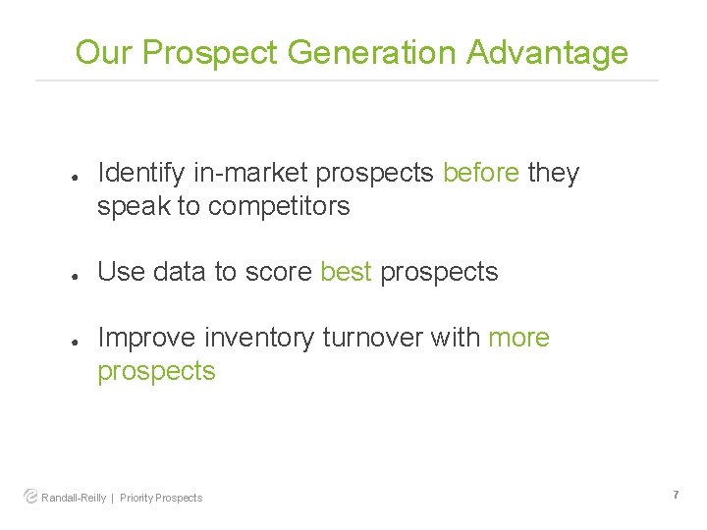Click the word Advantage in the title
547,52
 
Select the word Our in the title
104,52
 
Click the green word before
481,173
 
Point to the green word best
346,272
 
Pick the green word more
518,338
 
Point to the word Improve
147,338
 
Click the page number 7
676,496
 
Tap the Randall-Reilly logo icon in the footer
30,497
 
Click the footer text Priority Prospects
161,498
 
